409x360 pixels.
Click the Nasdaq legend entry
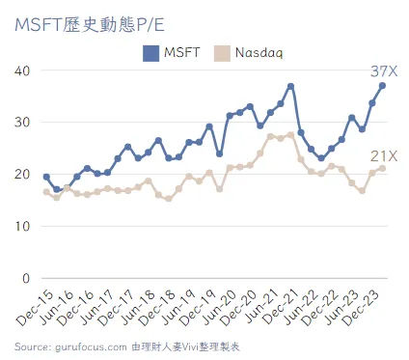[x=248, y=53]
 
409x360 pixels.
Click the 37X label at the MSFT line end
[x=385, y=71]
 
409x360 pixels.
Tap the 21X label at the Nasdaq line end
[x=385, y=156]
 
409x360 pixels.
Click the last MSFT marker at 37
[x=383, y=86]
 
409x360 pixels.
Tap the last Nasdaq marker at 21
[x=383, y=168]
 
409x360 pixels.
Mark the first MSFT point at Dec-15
[x=46, y=177]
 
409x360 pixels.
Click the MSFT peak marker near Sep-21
[x=290, y=86]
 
